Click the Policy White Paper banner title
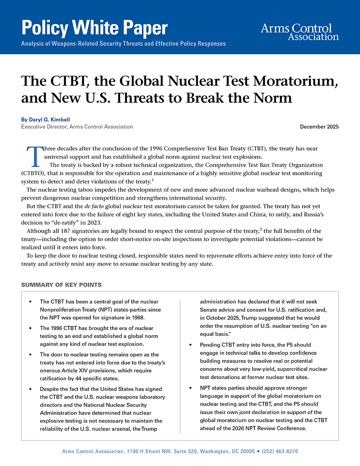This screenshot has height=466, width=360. point(95,28)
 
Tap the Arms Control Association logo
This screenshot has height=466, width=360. point(299,31)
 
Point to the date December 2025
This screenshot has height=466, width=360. point(319,127)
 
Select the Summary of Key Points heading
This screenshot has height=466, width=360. point(61,285)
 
